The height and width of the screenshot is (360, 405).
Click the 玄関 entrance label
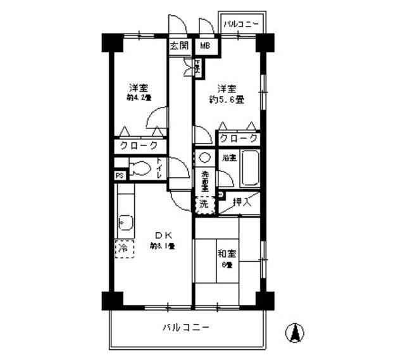(179, 46)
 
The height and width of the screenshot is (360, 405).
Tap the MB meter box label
(206, 46)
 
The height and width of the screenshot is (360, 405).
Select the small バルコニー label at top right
(241, 25)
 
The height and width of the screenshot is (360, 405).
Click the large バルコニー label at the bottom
(186, 328)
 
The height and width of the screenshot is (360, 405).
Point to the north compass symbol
(295, 332)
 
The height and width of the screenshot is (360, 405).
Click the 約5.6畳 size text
(227, 99)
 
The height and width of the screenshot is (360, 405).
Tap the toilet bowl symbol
(139, 169)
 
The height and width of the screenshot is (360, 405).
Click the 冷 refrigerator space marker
(123, 248)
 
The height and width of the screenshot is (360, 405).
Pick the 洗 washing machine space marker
(204, 204)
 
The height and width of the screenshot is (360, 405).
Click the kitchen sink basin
(125, 222)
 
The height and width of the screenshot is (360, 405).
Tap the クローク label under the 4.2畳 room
(139, 145)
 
